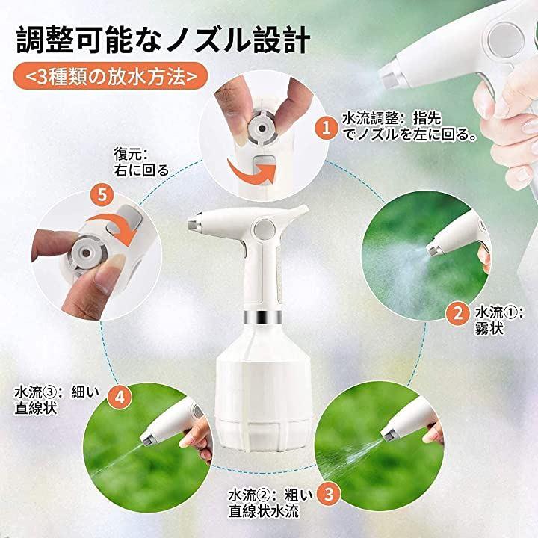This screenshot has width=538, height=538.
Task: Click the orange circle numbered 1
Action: pyautogui.click(x=327, y=128)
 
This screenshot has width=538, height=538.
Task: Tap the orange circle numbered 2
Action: pyautogui.click(x=458, y=314)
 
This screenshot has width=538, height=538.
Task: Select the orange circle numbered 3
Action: pyautogui.click(x=329, y=495)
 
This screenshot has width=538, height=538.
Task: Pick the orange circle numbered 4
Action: pyautogui.click(x=120, y=398)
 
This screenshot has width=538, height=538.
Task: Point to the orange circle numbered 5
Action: pyautogui.click(x=103, y=194)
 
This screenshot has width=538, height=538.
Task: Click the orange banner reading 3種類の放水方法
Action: pyautogui.click(x=111, y=75)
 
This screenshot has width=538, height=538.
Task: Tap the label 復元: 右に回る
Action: pyautogui.click(x=141, y=162)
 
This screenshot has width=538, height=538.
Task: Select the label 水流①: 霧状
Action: pyautogui.click(x=499, y=321)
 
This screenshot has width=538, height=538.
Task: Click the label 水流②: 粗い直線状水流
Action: pyautogui.click(x=270, y=503)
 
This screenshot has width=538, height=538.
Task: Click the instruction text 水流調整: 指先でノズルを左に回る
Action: pyautogui.click(x=410, y=126)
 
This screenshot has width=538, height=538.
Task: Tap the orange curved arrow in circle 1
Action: pyautogui.click(x=252, y=173)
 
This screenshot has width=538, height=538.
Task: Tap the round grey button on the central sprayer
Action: pyautogui.click(x=265, y=228)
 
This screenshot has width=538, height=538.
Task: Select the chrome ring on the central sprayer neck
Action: pyautogui.click(x=263, y=317)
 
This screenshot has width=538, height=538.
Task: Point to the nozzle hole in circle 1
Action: pyautogui.click(x=262, y=129)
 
